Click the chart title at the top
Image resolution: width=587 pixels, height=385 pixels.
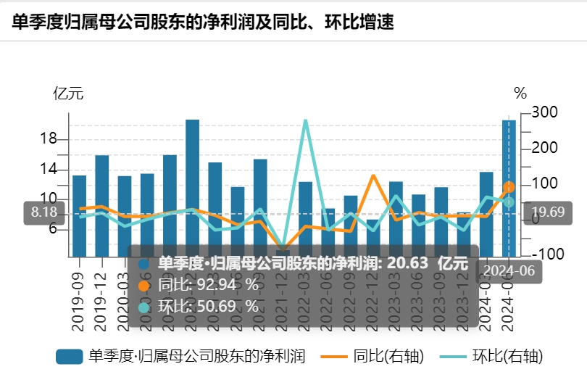[x=203, y=22]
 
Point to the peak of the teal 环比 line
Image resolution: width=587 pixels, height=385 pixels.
[x=306, y=120]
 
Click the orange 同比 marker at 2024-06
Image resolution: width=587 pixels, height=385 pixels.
[x=509, y=188]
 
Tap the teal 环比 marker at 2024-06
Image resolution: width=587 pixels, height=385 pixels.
[x=509, y=202]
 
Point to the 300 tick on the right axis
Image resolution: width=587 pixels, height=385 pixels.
[x=544, y=112]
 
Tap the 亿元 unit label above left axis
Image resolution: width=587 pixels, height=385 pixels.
[x=68, y=93]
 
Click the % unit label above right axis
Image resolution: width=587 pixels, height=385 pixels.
[x=520, y=93]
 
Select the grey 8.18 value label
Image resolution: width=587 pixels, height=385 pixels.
[x=43, y=212]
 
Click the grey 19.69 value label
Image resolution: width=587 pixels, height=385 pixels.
[x=547, y=212]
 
